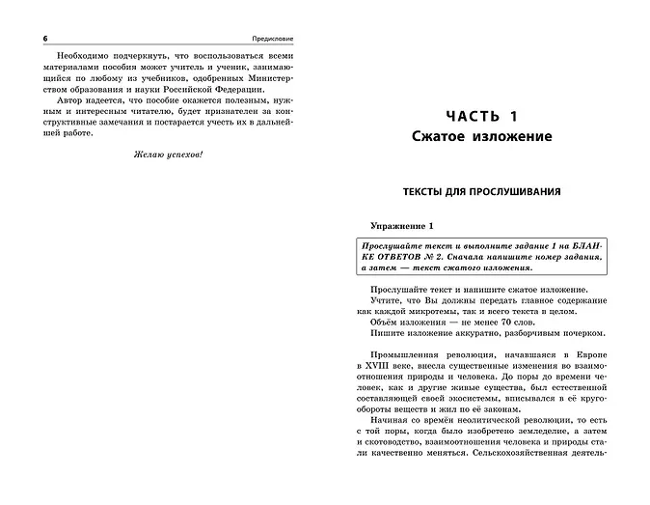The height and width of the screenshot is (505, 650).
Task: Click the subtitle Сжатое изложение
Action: (x=489, y=137)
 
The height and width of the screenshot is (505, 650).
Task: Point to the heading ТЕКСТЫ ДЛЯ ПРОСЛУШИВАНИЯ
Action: (x=489, y=191)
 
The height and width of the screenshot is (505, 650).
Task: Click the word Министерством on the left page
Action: (x=266, y=71)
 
